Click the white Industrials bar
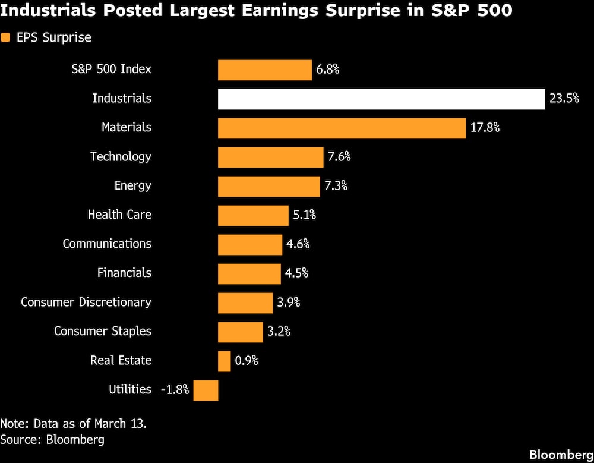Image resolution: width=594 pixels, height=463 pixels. click(381, 99)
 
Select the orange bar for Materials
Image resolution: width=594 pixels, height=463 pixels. click(342, 128)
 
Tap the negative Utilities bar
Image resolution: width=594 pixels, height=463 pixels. click(206, 390)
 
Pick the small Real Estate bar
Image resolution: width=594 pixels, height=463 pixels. click(224, 361)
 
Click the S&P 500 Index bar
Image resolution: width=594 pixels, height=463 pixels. click(264, 70)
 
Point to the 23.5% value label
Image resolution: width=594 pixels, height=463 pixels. click(564, 99)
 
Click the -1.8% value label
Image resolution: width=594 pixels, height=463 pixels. click(175, 390)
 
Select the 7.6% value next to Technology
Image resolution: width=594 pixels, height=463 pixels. click(339, 157)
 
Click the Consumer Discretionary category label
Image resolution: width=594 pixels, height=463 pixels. click(86, 302)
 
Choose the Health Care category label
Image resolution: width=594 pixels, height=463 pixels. click(119, 215)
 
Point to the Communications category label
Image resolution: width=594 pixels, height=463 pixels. click(107, 244)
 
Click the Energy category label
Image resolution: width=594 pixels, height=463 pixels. click(132, 185)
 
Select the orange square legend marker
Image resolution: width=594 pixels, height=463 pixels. click(5, 38)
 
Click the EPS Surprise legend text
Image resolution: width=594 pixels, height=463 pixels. click(53, 38)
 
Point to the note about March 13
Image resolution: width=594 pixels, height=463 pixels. click(73, 424)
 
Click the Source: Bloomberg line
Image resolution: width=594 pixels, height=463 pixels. click(52, 440)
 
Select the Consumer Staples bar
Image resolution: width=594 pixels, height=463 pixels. click(240, 332)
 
